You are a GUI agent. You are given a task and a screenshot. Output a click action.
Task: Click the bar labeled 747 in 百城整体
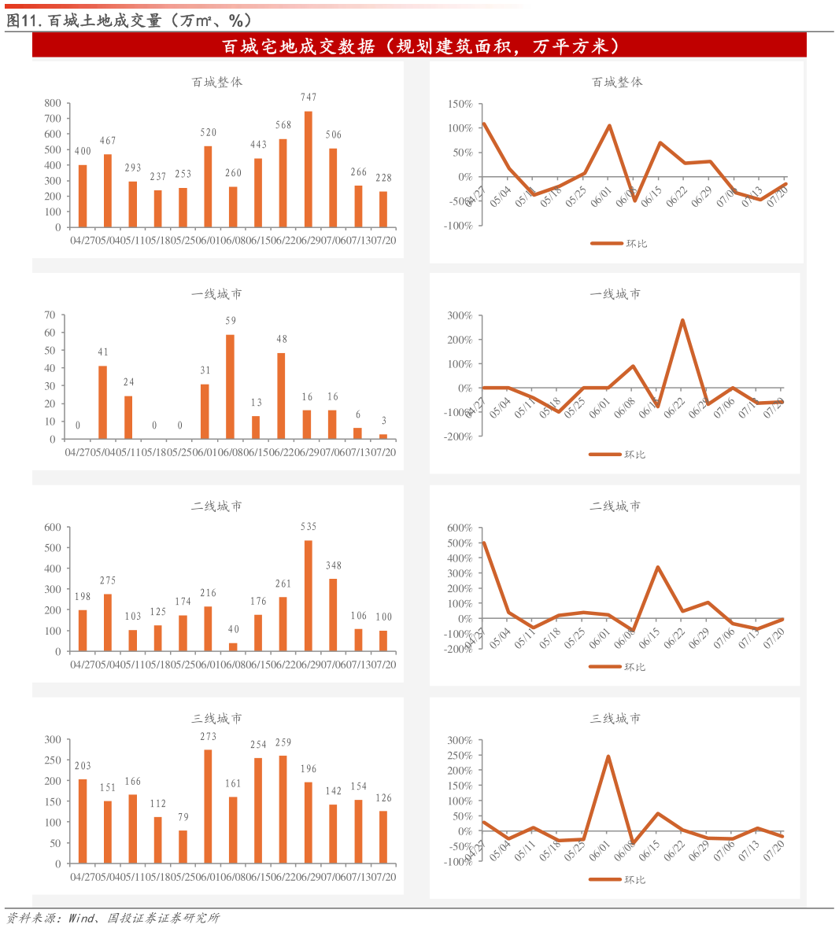[308, 169]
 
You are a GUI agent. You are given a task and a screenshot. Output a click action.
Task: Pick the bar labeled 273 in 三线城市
[208, 807]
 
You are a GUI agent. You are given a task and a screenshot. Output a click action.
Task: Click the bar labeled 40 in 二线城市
[233, 647]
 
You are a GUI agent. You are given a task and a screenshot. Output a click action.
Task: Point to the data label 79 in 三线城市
[183, 817]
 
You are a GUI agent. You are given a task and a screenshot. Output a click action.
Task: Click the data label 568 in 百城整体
[283, 125]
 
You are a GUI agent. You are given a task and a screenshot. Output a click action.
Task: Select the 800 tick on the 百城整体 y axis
[53, 103]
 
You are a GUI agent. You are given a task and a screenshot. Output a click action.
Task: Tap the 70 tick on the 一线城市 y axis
[50, 315]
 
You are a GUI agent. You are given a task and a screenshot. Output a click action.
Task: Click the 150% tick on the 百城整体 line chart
[460, 104]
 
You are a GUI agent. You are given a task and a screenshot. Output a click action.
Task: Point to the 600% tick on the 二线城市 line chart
[460, 528]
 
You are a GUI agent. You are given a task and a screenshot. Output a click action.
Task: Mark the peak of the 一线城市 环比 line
[682, 320]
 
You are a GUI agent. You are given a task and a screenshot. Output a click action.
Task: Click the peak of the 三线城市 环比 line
[608, 757]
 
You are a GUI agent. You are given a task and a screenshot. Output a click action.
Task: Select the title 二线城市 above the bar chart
[216, 506]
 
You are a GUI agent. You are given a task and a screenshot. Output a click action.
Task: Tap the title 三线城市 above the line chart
[615, 719]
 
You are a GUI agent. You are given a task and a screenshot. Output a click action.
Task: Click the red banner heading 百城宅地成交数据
[419, 46]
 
